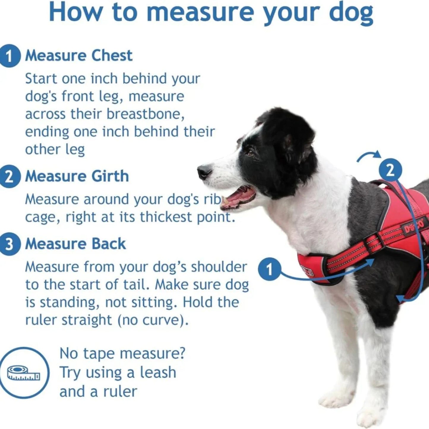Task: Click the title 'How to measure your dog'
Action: click(211, 12)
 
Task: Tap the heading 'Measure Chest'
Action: click(79, 56)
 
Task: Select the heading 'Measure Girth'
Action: click(77, 176)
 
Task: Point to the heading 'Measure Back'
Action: click(75, 244)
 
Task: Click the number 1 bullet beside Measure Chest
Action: click(10, 56)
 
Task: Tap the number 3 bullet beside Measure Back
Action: click(10, 245)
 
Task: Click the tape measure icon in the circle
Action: click(23, 373)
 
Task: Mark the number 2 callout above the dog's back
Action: click(390, 170)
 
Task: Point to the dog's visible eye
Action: click(251, 153)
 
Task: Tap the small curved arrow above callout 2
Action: click(369, 156)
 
